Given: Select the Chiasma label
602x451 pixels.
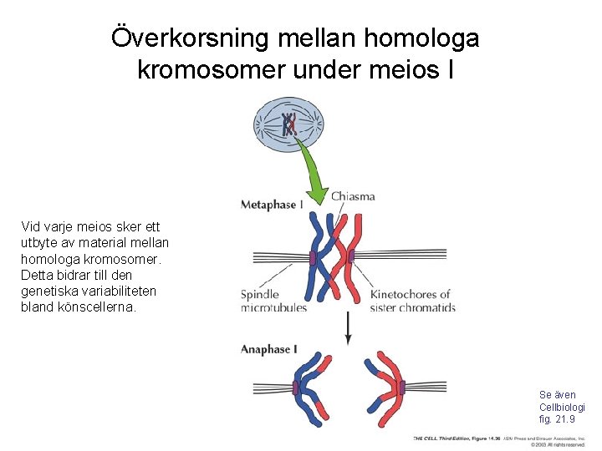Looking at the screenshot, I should coord(353,197).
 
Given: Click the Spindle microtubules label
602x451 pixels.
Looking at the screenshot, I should coord(273,301).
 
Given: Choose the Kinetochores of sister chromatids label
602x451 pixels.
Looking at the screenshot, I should coord(412,301).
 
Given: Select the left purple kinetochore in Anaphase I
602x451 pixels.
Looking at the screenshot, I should coord(296,388).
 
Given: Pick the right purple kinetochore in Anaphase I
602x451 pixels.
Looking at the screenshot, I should coord(402,388).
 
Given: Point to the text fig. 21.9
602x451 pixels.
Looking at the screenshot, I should coord(557,419).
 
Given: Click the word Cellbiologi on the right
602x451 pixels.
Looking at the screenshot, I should coord(562,407).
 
